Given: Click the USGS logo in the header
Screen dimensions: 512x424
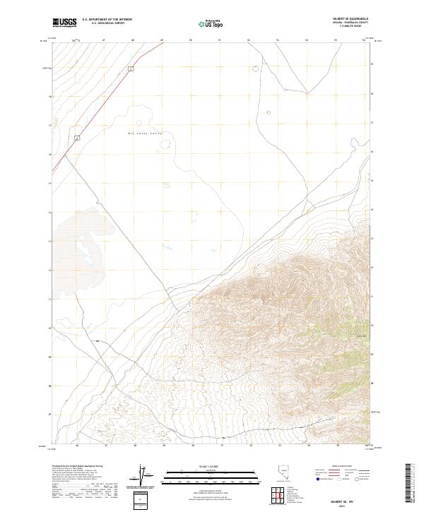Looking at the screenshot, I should pyautogui.click(x=64, y=23).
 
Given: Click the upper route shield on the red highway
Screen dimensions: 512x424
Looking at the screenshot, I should pyautogui.click(x=131, y=69).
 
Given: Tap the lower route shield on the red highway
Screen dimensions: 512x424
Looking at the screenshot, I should pyautogui.click(x=76, y=138).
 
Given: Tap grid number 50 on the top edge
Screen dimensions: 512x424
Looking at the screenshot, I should pyautogui.click(x=191, y=41).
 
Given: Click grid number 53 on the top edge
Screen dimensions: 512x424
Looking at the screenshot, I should pyautogui.click(x=278, y=41).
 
